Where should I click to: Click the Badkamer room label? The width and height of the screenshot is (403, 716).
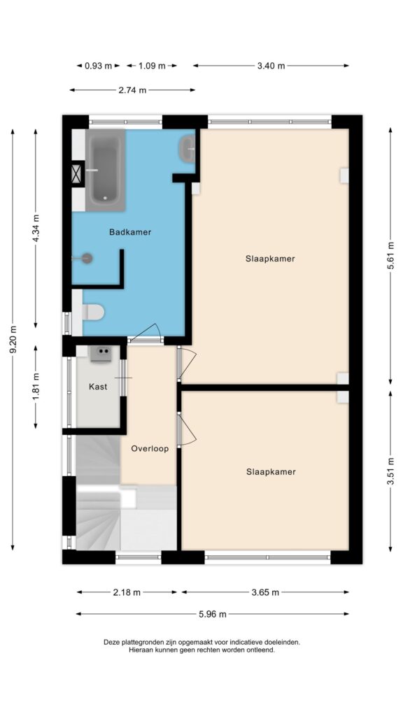click(129, 232)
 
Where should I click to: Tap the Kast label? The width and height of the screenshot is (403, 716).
click(98, 387)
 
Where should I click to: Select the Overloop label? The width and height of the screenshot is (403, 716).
click(150, 448)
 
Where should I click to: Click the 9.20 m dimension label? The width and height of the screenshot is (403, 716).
click(13, 339)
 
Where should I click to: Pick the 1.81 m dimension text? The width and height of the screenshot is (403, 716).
click(36, 387)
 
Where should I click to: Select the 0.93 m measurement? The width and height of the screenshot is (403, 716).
click(98, 66)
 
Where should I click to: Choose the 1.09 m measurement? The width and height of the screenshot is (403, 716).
click(152, 66)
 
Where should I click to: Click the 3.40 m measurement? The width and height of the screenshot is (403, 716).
click(271, 66)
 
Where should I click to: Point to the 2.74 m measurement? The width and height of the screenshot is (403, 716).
click(132, 90)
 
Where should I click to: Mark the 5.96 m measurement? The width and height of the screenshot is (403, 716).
click(213, 614)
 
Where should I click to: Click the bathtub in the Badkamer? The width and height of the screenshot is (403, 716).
click(105, 170)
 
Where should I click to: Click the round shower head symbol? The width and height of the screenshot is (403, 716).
click(87, 259)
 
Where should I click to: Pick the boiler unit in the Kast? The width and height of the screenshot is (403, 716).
click(101, 353)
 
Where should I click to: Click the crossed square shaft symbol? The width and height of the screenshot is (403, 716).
click(77, 174)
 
